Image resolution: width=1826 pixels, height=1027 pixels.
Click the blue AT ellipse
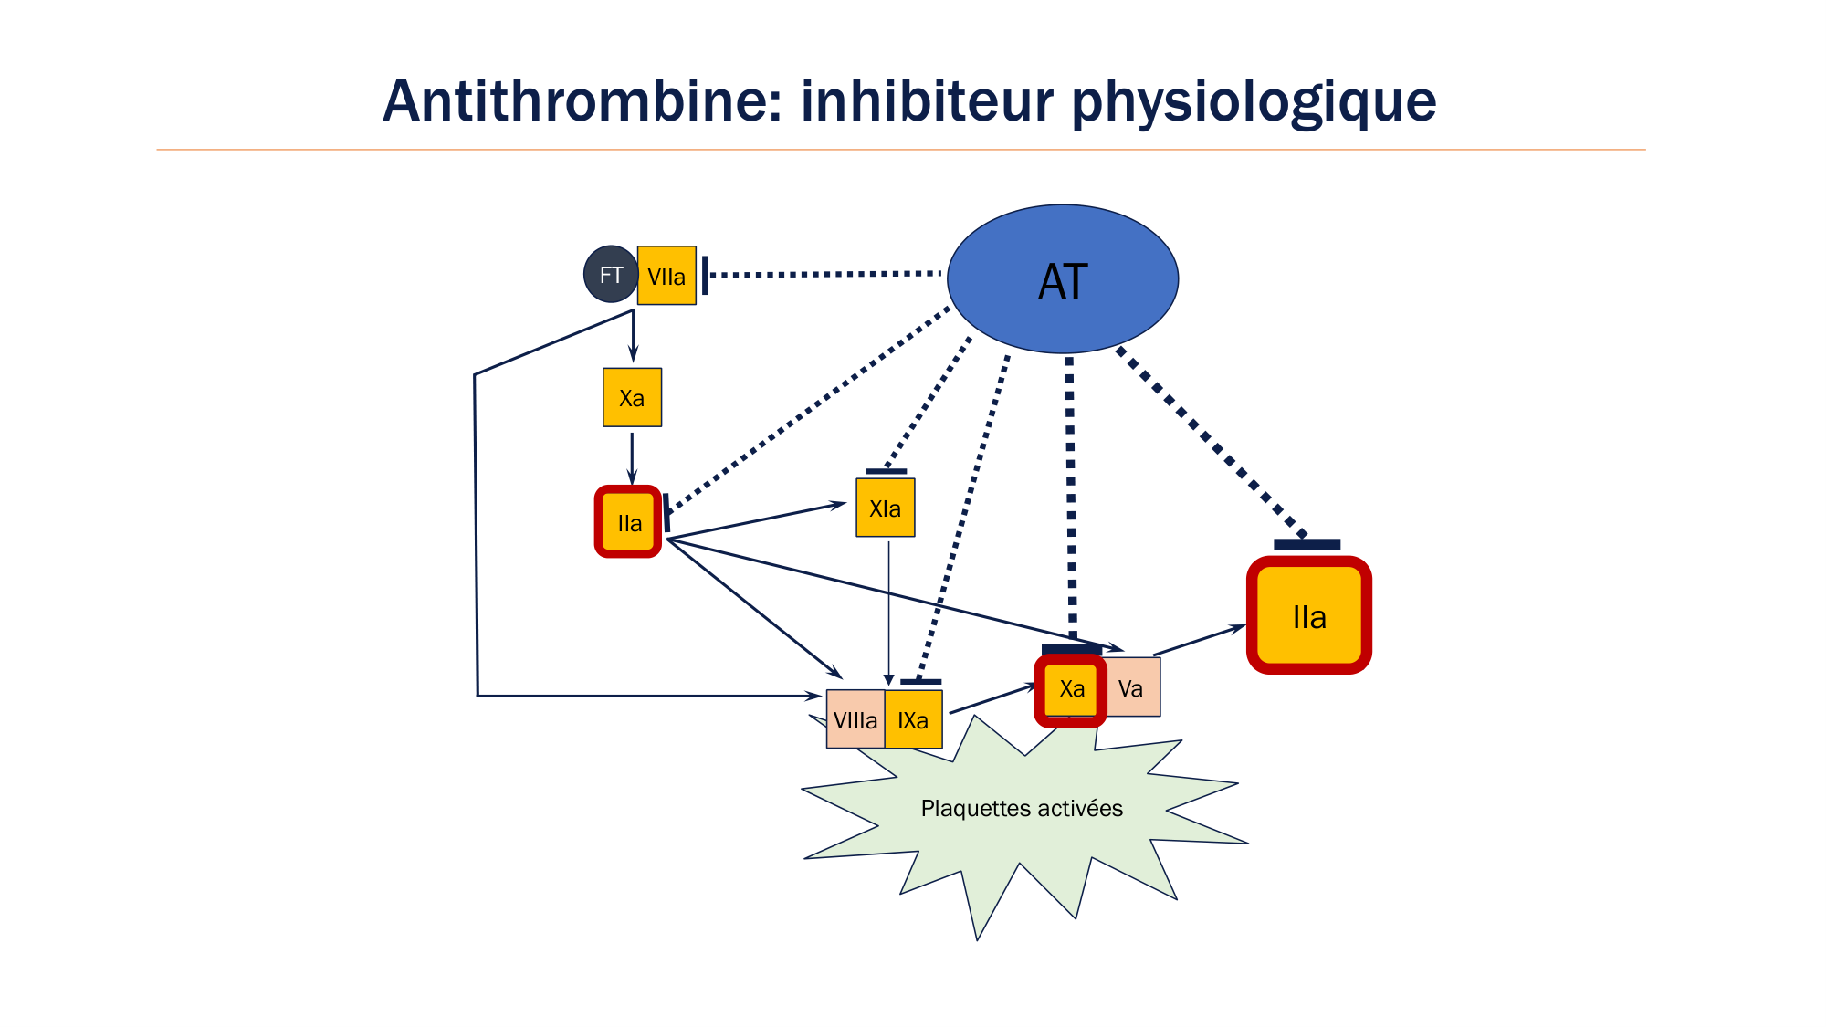click(1063, 279)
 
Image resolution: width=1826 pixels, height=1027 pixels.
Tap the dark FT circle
click(610, 275)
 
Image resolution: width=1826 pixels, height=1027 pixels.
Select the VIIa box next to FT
click(666, 276)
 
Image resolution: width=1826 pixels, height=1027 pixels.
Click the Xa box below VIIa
click(632, 398)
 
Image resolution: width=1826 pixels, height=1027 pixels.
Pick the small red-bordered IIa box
click(628, 522)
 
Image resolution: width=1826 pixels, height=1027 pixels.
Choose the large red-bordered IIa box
click(1308, 616)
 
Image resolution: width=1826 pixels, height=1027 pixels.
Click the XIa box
click(885, 508)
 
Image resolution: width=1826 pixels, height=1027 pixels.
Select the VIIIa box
click(855, 720)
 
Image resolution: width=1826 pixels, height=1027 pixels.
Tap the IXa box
click(913, 720)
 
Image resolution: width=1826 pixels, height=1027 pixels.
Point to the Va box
click(1132, 688)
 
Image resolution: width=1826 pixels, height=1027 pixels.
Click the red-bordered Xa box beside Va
click(1071, 689)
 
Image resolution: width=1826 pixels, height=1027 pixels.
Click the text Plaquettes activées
click(1022, 809)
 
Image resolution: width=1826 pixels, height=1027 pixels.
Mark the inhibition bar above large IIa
click(1307, 545)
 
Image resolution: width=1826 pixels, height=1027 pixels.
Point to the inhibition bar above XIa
click(886, 472)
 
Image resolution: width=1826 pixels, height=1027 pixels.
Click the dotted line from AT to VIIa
click(822, 274)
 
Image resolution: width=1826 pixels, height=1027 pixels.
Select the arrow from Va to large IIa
click(1199, 641)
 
